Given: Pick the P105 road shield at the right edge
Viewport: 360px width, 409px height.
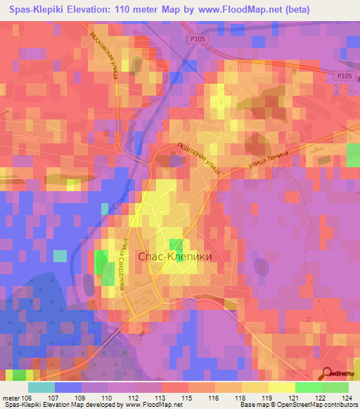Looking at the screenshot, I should (344, 76).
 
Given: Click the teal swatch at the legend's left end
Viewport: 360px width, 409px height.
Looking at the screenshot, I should (41, 387).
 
